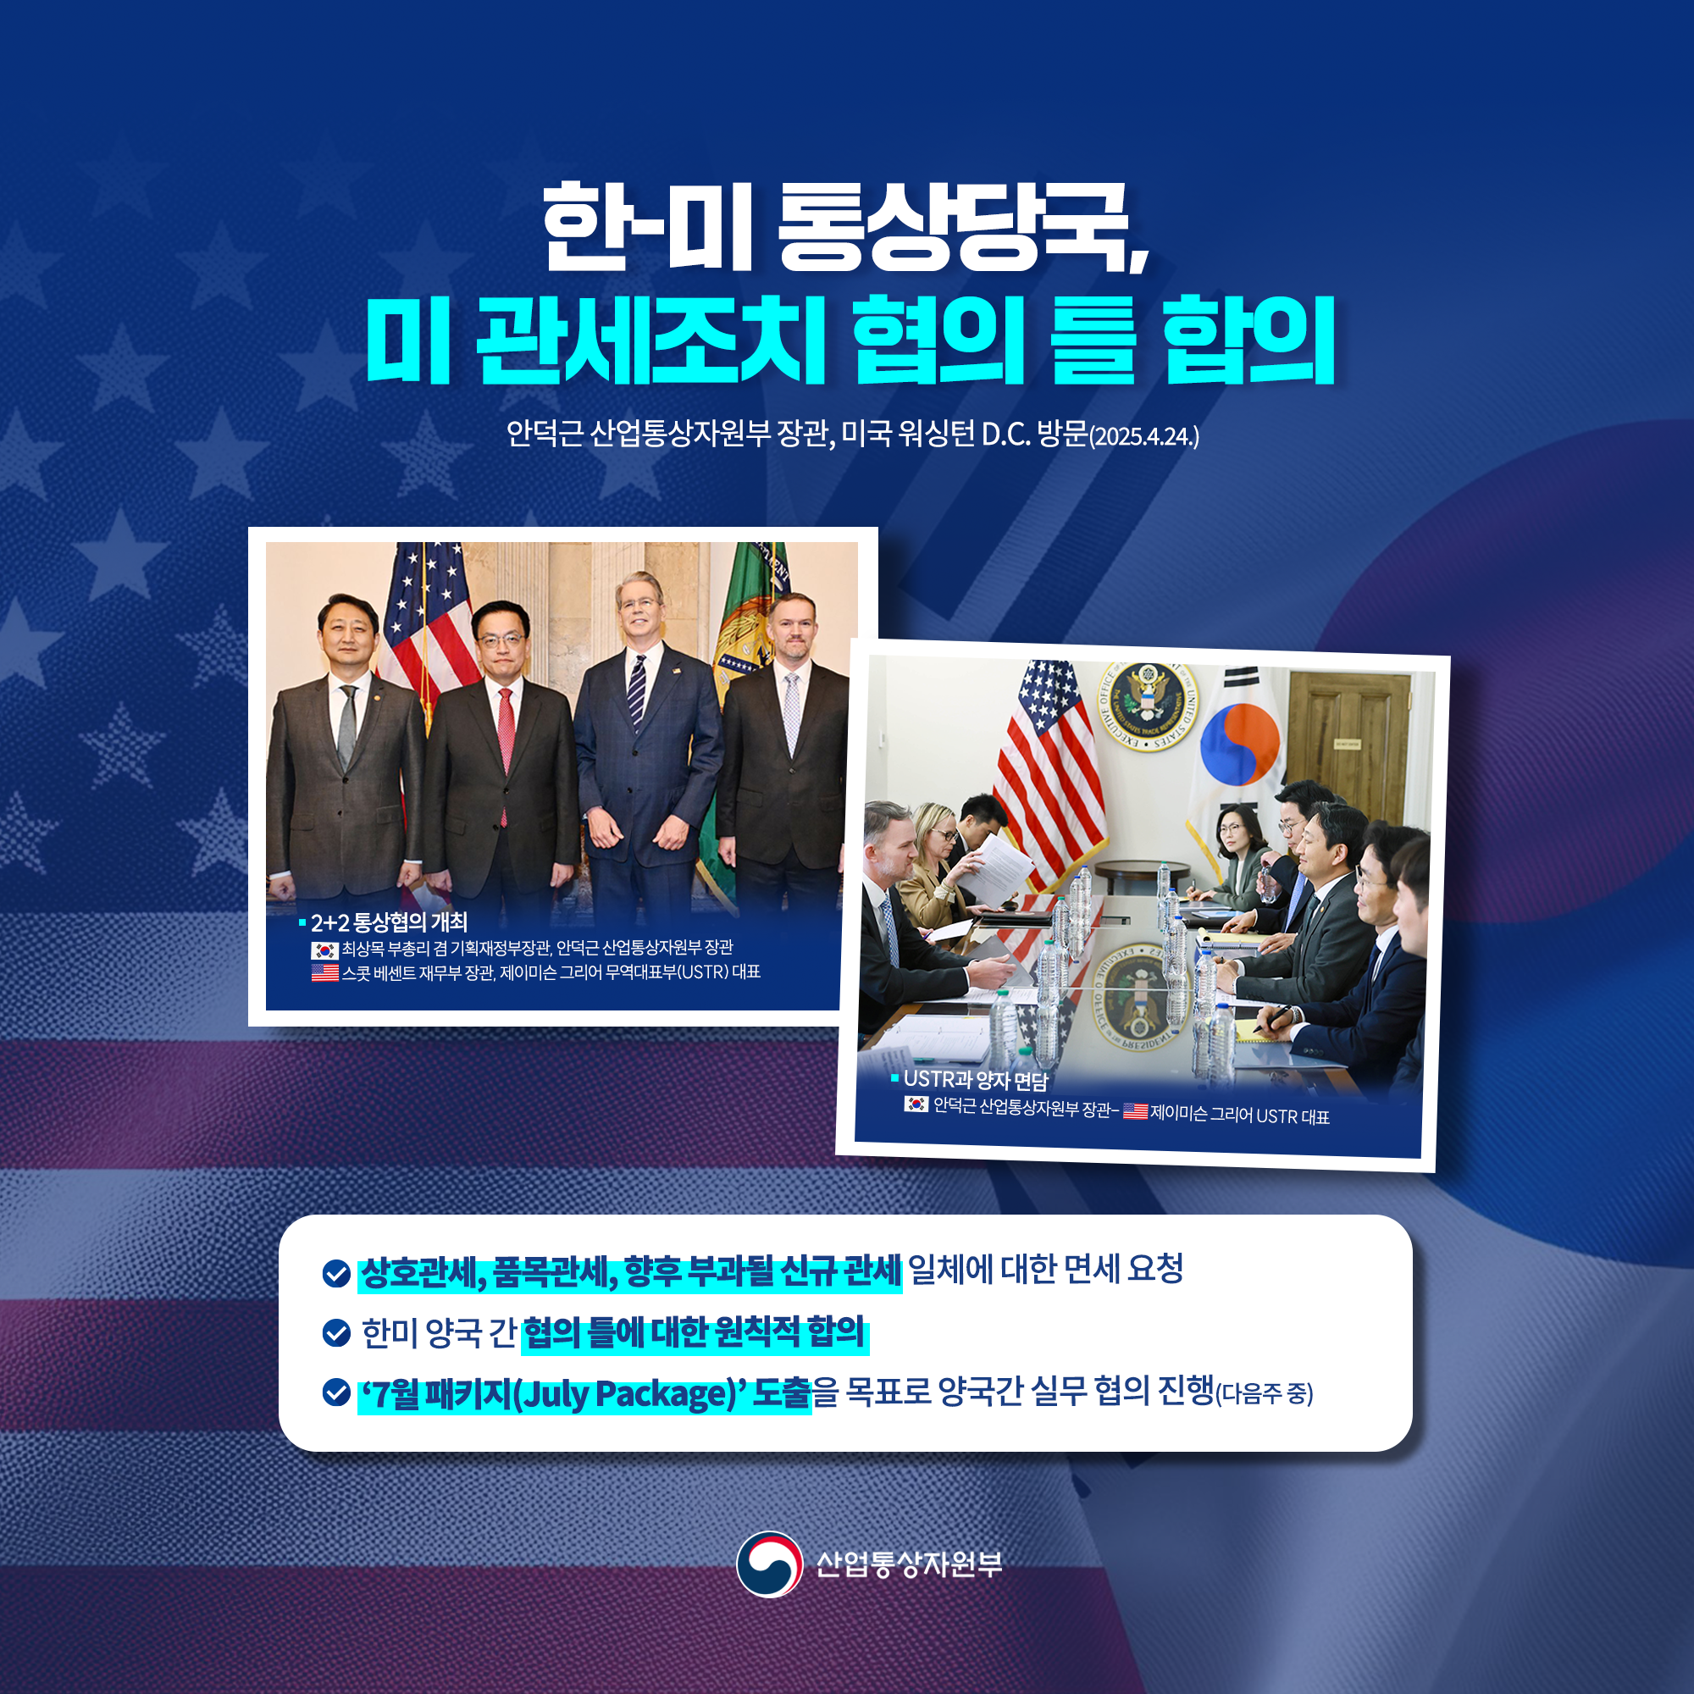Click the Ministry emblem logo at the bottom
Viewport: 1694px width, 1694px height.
click(769, 1564)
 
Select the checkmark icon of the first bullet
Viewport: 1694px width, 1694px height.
click(337, 1273)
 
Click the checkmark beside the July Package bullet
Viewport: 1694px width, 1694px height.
click(337, 1392)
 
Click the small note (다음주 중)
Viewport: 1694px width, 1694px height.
click(1265, 1394)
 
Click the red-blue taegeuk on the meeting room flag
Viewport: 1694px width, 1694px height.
click(1239, 745)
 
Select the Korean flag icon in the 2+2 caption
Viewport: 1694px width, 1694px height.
click(324, 949)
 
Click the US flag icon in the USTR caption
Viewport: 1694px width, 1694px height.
click(1136, 1111)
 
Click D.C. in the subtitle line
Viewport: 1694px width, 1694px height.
click(1005, 435)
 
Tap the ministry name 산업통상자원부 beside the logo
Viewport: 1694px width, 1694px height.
click(908, 1564)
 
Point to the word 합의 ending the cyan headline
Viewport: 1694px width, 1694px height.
click(1249, 340)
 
